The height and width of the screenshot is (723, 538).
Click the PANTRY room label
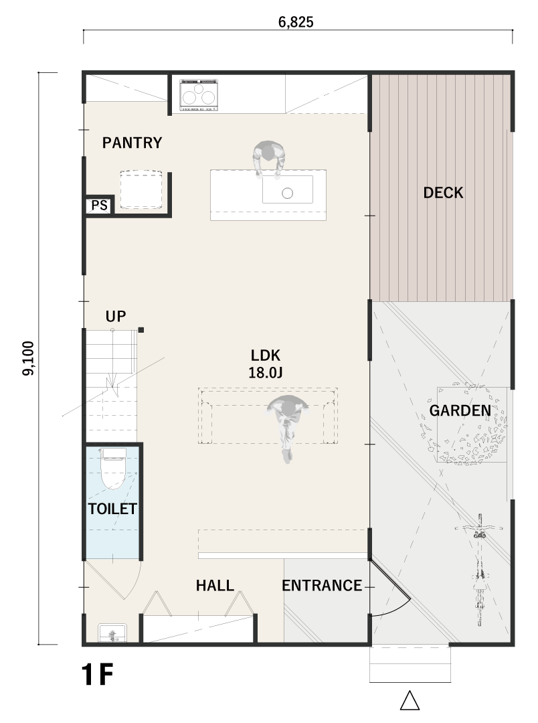132,143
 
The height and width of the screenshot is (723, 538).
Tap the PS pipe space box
99,206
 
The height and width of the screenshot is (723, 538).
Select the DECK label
443,193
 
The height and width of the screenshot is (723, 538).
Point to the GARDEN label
460,410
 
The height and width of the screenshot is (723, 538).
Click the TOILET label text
112,509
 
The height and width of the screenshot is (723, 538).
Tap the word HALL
215,586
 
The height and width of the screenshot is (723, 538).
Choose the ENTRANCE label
322,586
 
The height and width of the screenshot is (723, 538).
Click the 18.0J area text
266,373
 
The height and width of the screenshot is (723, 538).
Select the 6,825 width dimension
296,22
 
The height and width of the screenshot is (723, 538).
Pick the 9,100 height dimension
29,358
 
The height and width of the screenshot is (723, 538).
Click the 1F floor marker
97,675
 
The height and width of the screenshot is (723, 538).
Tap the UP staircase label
116,316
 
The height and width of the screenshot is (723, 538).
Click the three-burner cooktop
199,95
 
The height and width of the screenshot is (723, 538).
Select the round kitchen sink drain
288,193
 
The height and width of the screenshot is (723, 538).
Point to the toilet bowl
112,469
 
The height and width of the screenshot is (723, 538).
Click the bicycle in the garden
480,570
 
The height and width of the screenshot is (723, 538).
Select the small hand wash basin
112,633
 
